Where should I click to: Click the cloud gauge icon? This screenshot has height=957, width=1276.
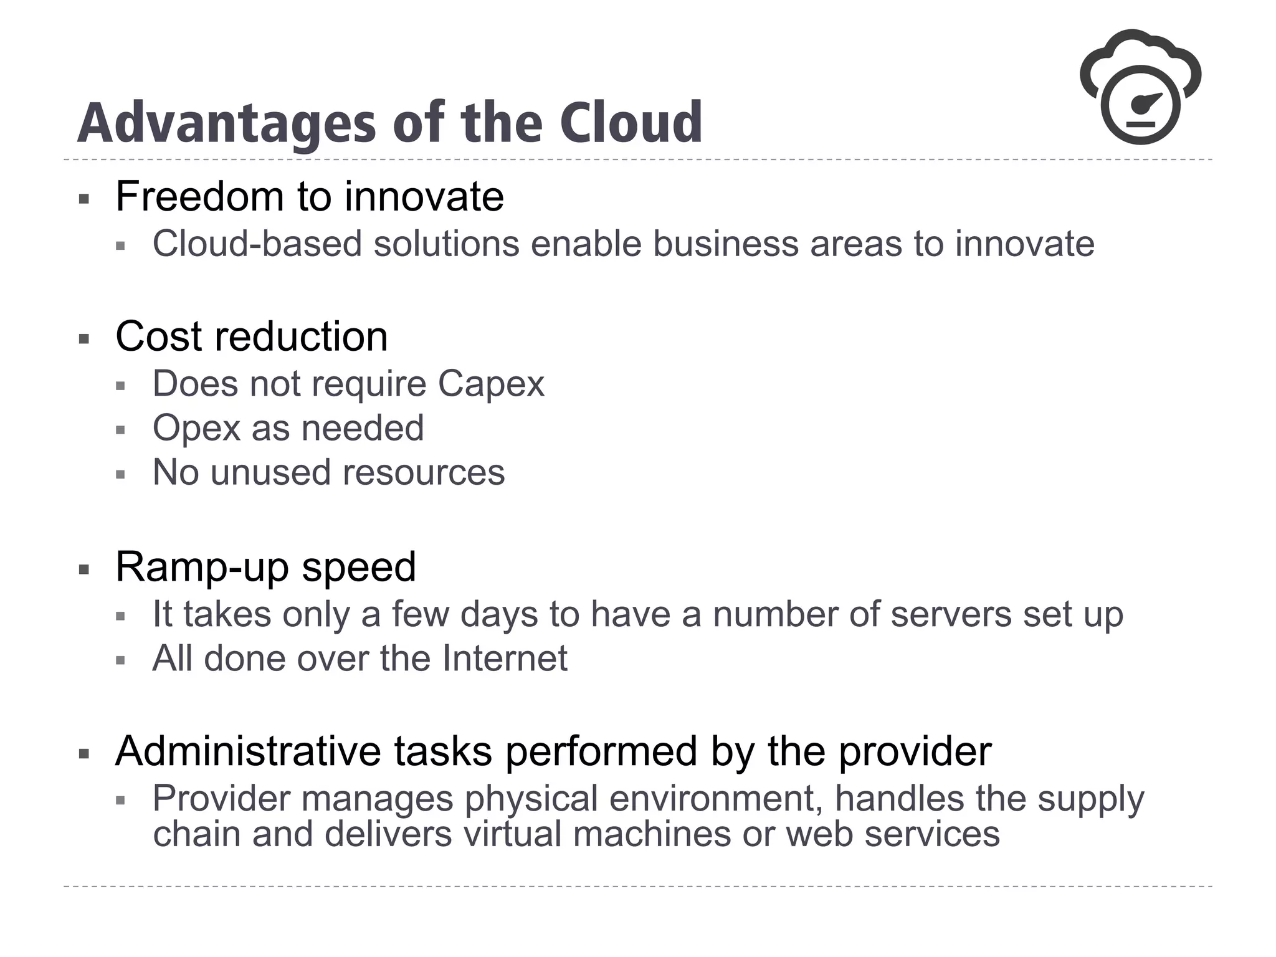point(1140,87)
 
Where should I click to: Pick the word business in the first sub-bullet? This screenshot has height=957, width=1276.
point(725,244)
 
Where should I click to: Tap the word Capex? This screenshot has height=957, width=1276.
point(491,384)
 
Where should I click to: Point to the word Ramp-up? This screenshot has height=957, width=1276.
point(203,568)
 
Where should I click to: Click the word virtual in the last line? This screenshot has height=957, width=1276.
point(512,834)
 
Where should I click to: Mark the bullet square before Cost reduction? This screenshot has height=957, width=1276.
point(84,340)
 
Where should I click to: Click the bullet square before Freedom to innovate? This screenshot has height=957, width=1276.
point(84,199)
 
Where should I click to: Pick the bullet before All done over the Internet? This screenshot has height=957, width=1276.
point(121,661)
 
